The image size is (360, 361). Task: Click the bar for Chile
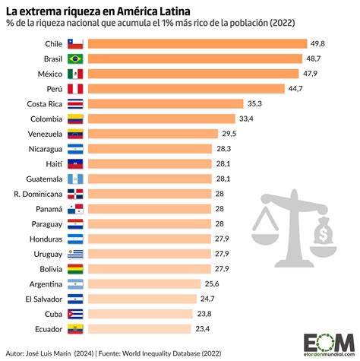coord(197,44)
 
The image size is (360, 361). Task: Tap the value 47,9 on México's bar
coord(289,74)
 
